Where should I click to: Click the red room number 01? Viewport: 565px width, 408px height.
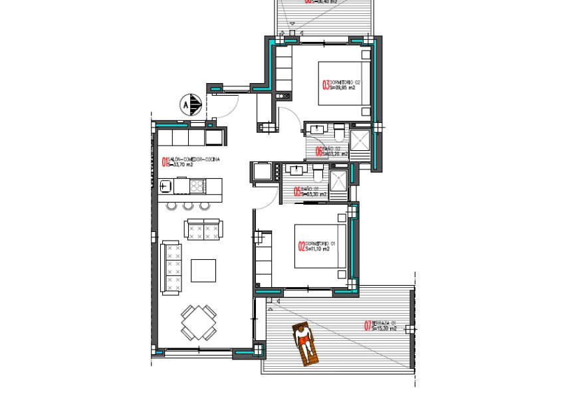click(x=166, y=161)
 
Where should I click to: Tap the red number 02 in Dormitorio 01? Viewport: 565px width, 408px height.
click(x=301, y=247)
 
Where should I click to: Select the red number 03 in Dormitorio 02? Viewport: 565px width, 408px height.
click(x=326, y=84)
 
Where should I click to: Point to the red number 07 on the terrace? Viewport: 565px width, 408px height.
click(x=367, y=326)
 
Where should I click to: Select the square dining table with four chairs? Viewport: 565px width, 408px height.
click(x=198, y=322)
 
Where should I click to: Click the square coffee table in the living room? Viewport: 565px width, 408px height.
click(x=203, y=270)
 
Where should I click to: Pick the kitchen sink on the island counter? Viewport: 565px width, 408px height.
click(x=167, y=186)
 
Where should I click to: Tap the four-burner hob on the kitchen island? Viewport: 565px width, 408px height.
click(x=197, y=186)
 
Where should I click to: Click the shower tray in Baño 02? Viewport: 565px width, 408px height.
click(x=362, y=142)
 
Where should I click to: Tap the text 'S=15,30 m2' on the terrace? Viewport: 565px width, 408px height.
click(x=384, y=329)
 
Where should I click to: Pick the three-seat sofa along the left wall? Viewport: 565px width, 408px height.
click(x=173, y=268)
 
